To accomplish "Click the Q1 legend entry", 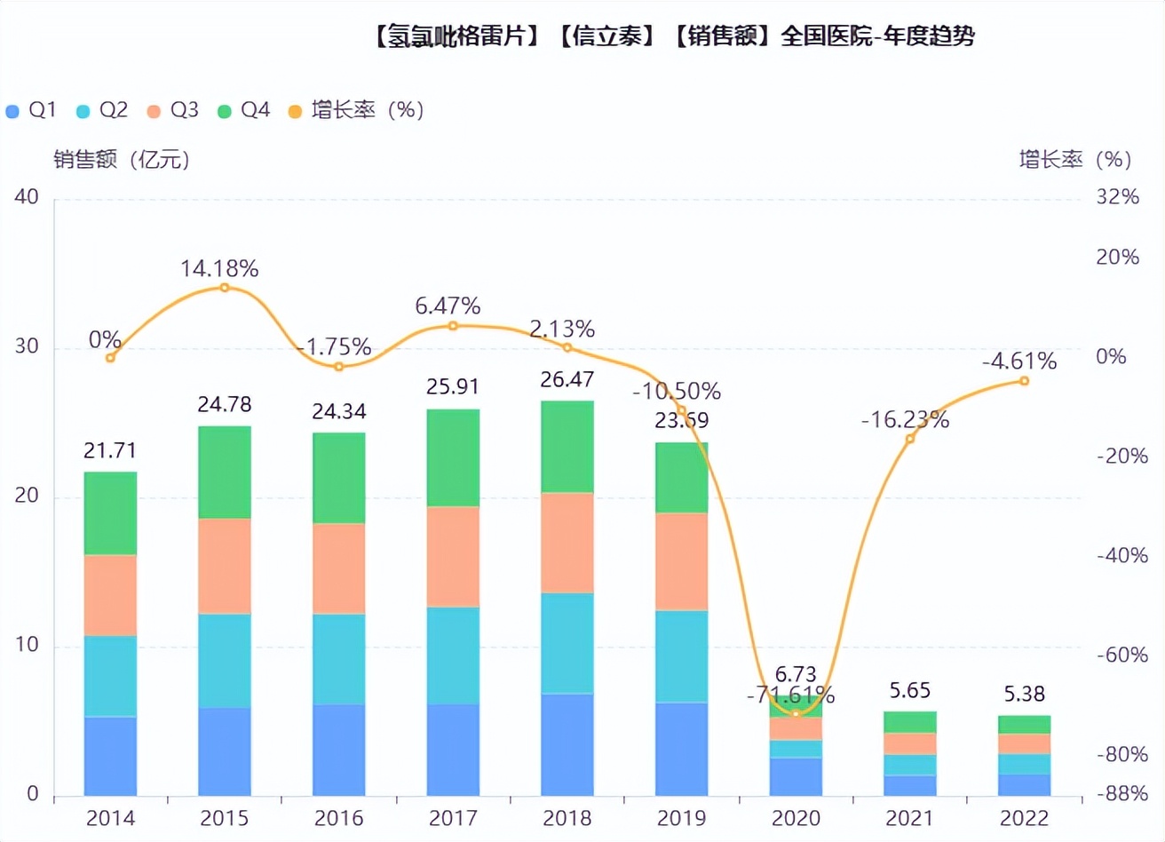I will [x=31, y=110].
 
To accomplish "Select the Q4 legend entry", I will [x=243, y=110].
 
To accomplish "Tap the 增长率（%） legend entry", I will [x=356, y=110].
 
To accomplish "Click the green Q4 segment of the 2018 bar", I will [x=567, y=447].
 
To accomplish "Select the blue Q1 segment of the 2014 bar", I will [x=110, y=755].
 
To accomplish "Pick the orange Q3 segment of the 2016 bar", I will [x=338, y=568].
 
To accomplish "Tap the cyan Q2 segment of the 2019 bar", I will [x=681, y=656].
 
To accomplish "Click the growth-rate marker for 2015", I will [x=224, y=288].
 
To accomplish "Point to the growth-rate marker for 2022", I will [x=1024, y=381].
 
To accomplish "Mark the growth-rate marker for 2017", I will [x=453, y=326].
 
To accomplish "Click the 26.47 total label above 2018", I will [x=567, y=379].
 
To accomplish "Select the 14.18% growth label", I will [x=219, y=268].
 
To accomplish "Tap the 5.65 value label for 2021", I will [x=909, y=691].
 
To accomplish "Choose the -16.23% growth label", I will [x=905, y=420].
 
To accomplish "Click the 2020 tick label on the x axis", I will [x=796, y=818].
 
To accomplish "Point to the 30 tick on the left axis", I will [x=27, y=346].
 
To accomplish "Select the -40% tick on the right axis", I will [x=1121, y=555].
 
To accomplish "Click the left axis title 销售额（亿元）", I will [x=122, y=160].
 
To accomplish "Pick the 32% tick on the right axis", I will [x=1117, y=196].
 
